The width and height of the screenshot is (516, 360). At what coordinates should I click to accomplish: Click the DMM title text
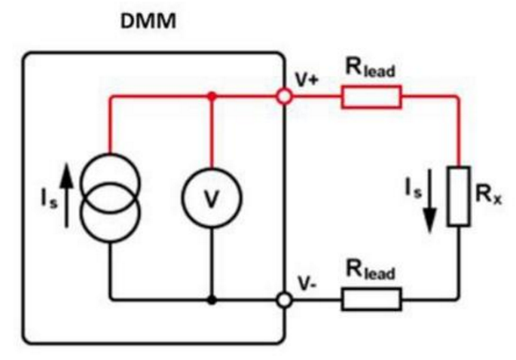pyautogui.click(x=148, y=21)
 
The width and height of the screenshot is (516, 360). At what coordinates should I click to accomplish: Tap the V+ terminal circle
pyautogui.click(x=284, y=96)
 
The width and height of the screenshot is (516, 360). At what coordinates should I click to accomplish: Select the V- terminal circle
pyautogui.click(x=284, y=300)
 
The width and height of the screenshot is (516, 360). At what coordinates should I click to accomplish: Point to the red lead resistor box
pyautogui.click(x=371, y=96)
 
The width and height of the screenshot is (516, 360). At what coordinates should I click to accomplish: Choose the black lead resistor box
pyautogui.click(x=371, y=300)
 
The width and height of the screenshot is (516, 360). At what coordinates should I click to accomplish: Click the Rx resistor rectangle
pyautogui.click(x=459, y=197)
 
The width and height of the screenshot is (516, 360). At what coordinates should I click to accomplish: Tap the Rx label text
pyautogui.click(x=489, y=195)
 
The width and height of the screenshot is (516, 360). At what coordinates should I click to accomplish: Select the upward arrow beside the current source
pyautogui.click(x=67, y=196)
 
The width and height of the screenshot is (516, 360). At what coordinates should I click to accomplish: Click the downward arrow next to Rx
pyautogui.click(x=429, y=201)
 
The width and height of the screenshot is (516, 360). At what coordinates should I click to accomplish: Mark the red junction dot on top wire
pyautogui.click(x=212, y=96)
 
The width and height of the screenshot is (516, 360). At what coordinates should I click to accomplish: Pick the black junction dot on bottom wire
pyautogui.click(x=212, y=300)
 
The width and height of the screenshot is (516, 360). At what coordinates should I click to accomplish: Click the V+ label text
pyautogui.click(x=307, y=79)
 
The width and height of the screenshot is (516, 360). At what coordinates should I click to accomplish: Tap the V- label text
pyautogui.click(x=307, y=283)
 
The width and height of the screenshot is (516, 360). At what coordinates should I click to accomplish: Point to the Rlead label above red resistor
pyautogui.click(x=370, y=68)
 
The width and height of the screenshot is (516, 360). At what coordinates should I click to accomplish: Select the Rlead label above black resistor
pyautogui.click(x=370, y=270)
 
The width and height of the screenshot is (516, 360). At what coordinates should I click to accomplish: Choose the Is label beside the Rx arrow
pyautogui.click(x=413, y=189)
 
